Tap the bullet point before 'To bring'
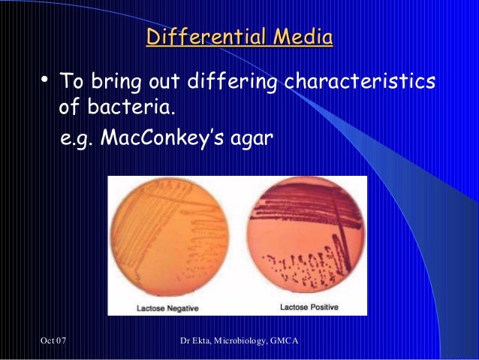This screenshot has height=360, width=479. (x=44, y=79)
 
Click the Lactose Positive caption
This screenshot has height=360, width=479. (x=309, y=307)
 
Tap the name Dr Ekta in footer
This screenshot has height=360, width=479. (x=198, y=343)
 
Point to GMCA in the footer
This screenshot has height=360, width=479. (x=285, y=343)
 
